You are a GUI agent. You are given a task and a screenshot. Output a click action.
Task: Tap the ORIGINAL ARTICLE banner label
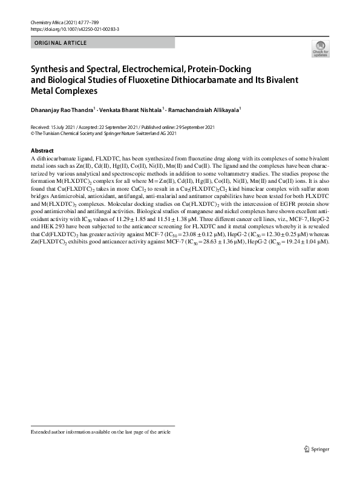61,43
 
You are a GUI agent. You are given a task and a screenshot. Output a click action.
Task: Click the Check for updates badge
319,49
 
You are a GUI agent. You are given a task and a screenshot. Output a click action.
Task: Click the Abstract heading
42,151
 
